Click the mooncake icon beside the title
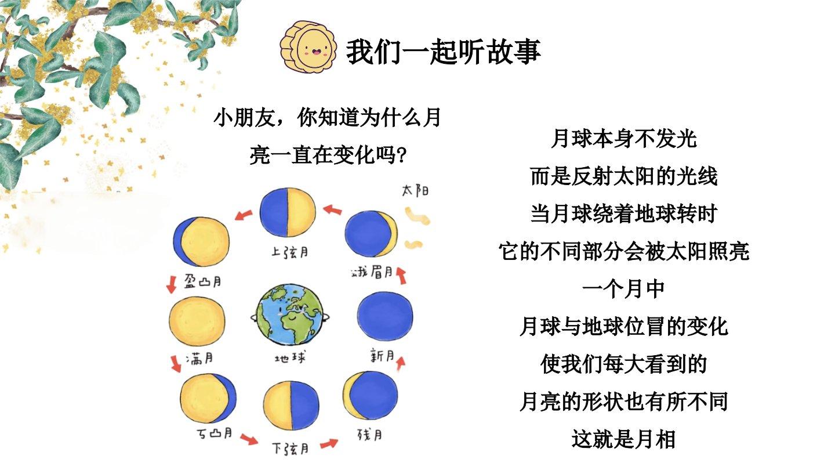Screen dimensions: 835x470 [308, 47]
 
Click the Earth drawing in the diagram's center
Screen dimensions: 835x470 [290, 315]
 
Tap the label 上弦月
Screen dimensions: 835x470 [290, 252]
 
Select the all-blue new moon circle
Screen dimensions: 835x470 [384, 316]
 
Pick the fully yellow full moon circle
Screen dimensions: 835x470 [197, 321]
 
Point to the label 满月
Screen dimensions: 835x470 [199, 359]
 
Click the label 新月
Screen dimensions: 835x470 [383, 355]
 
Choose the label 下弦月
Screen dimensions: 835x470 [291, 449]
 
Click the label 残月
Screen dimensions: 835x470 [370, 435]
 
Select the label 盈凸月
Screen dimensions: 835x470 [203, 280]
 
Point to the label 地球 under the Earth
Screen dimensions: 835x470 [290, 358]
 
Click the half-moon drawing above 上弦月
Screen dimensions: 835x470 [288, 212]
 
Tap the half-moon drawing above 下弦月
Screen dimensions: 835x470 [291, 406]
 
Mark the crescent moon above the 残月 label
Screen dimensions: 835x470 [371, 395]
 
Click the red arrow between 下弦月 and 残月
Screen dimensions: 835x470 [329, 444]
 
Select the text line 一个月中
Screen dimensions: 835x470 [623, 289]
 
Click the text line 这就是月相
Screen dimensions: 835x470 [623, 439]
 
